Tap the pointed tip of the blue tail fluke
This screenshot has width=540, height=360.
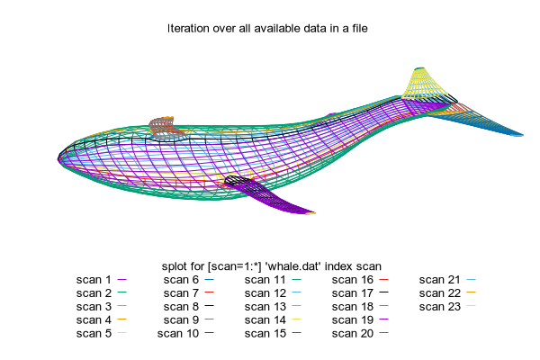click(x=520, y=135)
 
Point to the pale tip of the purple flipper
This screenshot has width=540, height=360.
click(x=310, y=213)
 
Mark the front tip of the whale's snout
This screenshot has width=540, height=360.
click(x=60, y=160)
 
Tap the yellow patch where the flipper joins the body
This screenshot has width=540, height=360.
click(x=220, y=177)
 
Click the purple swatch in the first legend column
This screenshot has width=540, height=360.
click(x=121, y=279)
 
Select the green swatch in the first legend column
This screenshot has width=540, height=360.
click(x=121, y=292)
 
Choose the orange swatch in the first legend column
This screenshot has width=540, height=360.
click(x=121, y=319)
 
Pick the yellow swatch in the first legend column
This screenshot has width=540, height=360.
click(x=121, y=333)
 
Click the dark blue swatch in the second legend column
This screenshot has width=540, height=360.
click(x=209, y=279)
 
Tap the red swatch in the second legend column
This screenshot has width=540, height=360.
click(x=209, y=292)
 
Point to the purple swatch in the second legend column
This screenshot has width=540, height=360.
click(x=209, y=333)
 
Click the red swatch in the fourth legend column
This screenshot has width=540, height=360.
click(x=383, y=279)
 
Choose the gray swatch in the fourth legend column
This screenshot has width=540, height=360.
click(x=383, y=306)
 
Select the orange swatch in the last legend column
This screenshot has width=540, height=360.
click(x=471, y=292)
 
